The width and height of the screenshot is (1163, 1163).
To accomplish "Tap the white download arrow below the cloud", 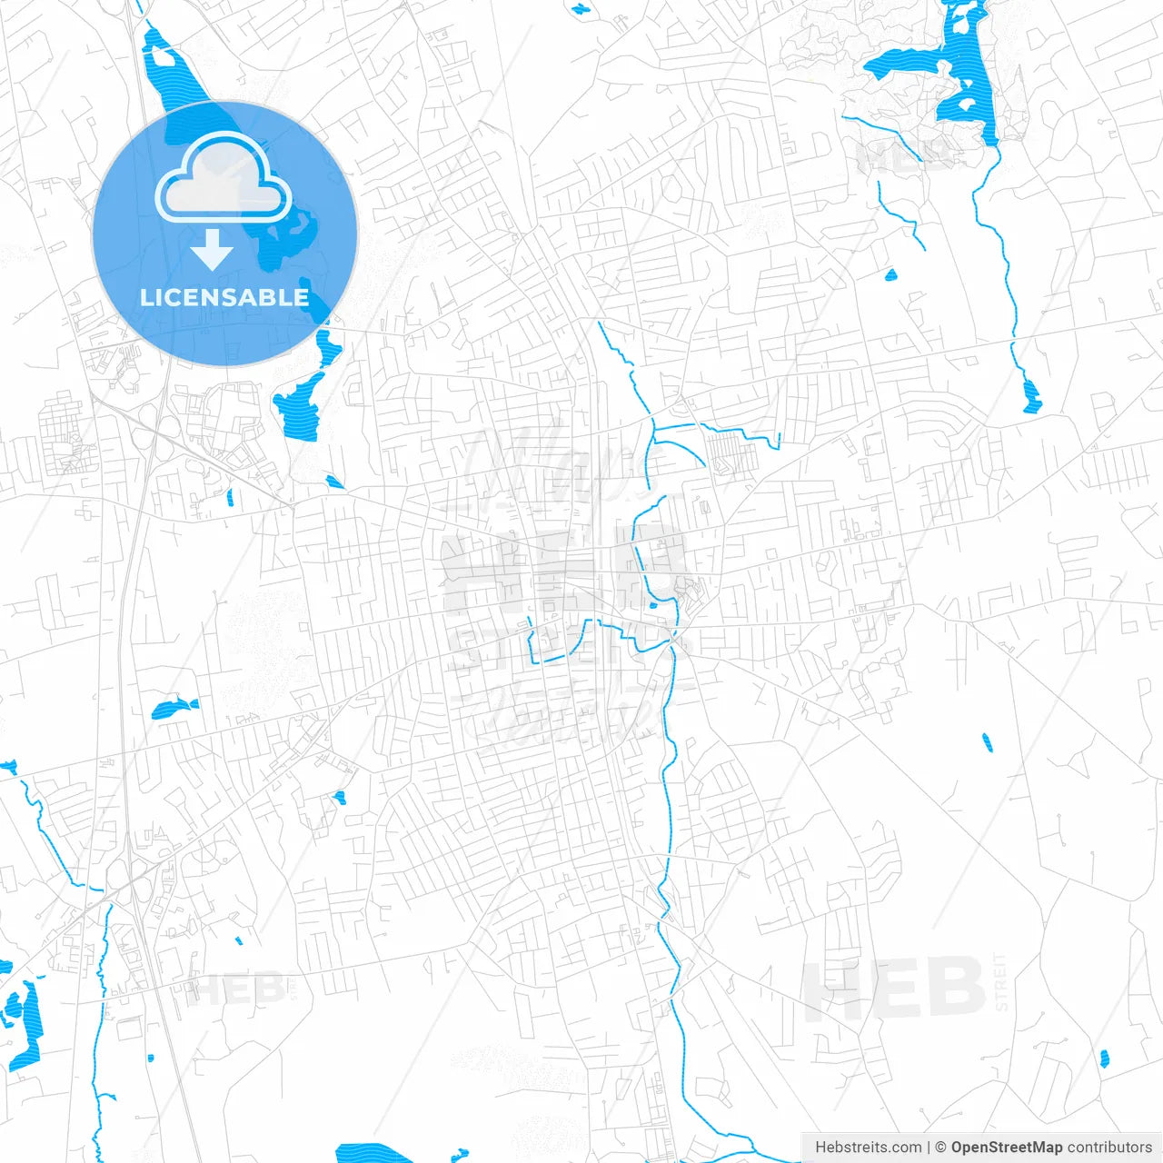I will point(213,250).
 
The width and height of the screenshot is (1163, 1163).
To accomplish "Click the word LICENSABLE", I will point(224,297).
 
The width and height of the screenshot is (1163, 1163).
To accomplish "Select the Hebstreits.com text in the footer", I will point(868,1148).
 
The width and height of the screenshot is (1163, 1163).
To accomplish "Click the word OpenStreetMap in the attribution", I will point(1006,1148).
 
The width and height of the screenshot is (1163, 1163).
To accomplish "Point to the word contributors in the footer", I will point(1108,1148).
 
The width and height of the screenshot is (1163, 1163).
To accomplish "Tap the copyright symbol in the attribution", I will point(940,1148).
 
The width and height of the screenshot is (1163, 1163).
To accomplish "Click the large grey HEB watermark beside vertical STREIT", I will point(894,989).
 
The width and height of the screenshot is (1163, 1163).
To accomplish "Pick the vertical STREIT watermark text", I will point(1001,981).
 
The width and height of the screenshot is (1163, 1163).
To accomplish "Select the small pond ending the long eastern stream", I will point(1031,396).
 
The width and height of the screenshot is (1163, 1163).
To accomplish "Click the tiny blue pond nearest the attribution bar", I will point(1104,1059).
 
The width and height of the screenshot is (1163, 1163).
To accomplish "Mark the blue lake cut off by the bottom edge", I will point(374,1153).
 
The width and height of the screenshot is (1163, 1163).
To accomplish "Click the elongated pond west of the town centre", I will point(174,708).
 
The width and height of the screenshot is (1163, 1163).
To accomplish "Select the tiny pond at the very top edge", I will point(580,9).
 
